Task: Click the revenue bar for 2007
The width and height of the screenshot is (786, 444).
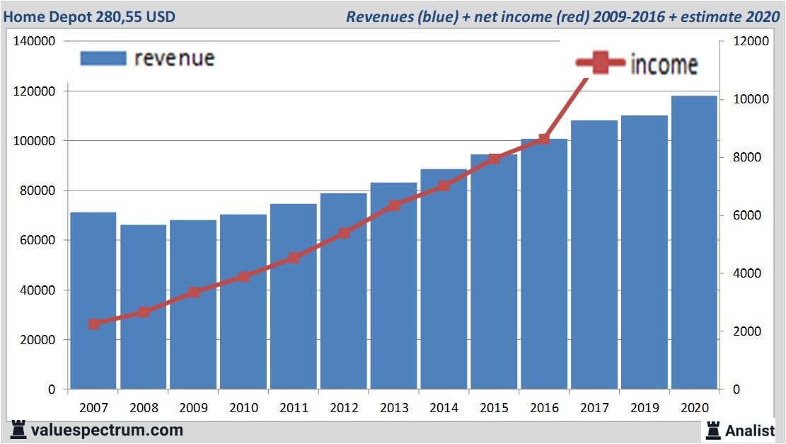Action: (93, 301)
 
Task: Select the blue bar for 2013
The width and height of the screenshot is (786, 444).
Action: (394, 286)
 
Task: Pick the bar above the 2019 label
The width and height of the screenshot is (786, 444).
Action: (644, 252)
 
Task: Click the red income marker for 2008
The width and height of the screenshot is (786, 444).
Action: (144, 312)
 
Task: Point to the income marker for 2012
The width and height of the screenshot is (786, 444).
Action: (344, 233)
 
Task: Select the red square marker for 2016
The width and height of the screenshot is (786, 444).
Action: (543, 140)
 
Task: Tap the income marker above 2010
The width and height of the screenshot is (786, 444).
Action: (244, 276)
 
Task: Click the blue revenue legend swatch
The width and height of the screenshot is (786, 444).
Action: (103, 58)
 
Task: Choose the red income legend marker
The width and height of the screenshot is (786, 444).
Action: (601, 64)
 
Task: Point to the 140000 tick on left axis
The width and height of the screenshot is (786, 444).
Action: (35, 42)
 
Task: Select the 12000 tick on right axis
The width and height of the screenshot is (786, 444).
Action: (751, 42)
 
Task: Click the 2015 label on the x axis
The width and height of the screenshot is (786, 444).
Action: (494, 408)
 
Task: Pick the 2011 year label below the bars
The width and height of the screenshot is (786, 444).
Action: (294, 408)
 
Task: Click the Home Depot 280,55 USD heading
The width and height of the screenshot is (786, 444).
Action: (89, 16)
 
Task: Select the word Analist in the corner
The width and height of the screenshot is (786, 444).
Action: (750, 430)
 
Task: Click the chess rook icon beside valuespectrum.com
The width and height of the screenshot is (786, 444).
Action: (19, 429)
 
